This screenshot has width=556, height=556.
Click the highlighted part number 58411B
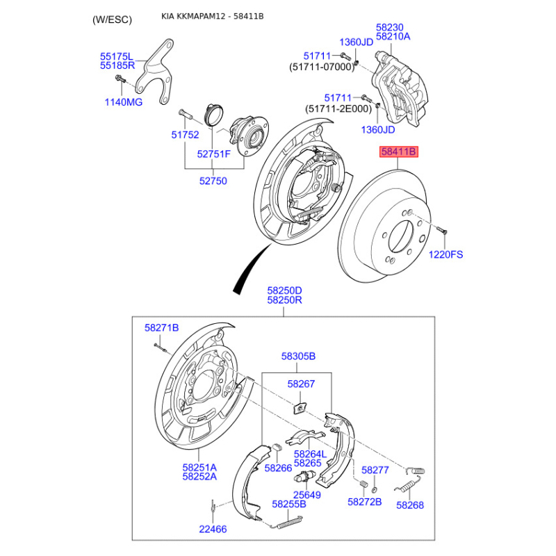[399, 152]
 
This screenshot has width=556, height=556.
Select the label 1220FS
[445, 254]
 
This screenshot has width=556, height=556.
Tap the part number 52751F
[214, 154]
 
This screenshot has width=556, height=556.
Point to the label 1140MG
[124, 102]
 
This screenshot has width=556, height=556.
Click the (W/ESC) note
[112, 19]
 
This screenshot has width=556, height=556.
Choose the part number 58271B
[162, 328]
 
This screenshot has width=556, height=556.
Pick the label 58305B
[298, 356]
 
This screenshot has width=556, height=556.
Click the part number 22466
[213, 529]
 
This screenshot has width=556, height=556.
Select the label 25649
[306, 495]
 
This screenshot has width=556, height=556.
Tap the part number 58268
[410, 505]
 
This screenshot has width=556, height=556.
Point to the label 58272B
[364, 502]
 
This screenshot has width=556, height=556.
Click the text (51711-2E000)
[338, 108]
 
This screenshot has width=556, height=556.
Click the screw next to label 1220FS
[442, 231]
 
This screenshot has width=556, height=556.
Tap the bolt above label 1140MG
[120, 79]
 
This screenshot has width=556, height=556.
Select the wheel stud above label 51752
[185, 114]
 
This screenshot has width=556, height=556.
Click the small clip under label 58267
[300, 408]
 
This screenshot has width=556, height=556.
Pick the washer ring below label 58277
[374, 490]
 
